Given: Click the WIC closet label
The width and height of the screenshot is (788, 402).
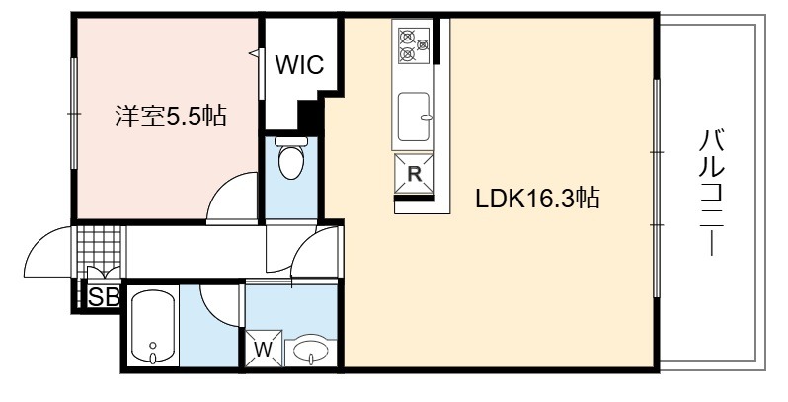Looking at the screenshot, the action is coord(299,65).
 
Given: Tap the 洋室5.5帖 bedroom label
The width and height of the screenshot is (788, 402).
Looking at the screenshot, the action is coord(171,116).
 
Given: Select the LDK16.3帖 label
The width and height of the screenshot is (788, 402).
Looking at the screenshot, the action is coord(537,199).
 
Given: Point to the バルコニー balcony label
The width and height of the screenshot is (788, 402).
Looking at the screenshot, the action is coord(712,193).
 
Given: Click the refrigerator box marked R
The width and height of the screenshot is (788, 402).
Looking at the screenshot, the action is coord(414,174).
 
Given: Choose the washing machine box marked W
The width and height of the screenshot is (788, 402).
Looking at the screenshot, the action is coord(264,349).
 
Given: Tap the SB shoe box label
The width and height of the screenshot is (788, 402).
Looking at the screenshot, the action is coord(104,297).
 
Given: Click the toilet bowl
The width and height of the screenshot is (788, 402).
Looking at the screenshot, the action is coord(291,157).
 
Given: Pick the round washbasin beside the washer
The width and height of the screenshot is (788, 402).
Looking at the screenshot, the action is coord(311,351).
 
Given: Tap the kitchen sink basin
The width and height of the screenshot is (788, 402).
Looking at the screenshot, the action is coord(414,117).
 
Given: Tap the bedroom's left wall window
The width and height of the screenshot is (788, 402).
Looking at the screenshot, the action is coord(74,114).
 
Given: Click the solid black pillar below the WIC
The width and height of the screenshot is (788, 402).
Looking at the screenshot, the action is coord(308,115).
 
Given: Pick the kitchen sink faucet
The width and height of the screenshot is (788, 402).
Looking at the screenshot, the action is coord(426,118).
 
